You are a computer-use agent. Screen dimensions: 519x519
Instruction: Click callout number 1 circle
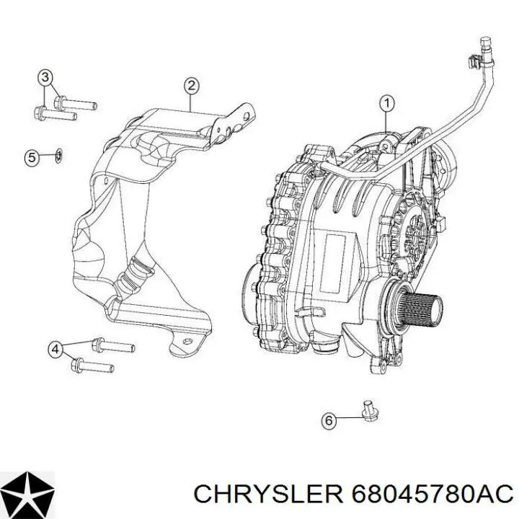[x=386, y=104]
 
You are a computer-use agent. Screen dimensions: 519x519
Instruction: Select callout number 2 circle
[x=192, y=86]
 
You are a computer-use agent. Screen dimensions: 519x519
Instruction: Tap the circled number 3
[x=45, y=78]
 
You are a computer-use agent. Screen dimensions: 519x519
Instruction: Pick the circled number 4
[x=56, y=349]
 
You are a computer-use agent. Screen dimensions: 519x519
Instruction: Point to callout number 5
[x=32, y=158]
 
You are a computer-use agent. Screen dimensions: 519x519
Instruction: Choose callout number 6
[x=329, y=420]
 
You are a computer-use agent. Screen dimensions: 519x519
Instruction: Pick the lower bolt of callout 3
[x=56, y=113]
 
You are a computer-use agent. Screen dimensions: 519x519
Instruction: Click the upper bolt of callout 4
[x=113, y=345]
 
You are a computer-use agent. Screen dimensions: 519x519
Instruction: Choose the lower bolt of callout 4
[x=93, y=365]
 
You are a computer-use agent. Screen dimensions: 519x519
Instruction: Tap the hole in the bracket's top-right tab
[x=247, y=116]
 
